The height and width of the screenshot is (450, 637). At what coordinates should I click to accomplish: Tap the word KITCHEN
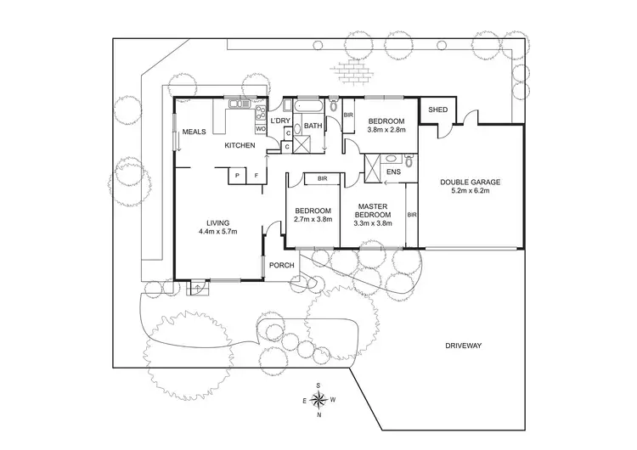[x=240, y=146]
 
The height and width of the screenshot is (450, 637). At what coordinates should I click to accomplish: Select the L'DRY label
[x=280, y=121]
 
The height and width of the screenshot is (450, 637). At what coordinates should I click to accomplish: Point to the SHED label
[x=437, y=110]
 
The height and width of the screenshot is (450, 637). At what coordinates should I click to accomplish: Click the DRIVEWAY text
[x=463, y=346]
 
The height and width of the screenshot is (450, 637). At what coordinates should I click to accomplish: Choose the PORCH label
[x=281, y=266]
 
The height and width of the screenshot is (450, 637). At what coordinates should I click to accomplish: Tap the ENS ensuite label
[x=392, y=172]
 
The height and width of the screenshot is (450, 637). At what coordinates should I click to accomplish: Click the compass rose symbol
[x=318, y=401]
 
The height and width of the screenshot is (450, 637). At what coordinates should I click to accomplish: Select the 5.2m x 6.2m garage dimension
[x=470, y=191]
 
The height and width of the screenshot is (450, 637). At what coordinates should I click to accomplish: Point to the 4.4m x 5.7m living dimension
[x=217, y=232]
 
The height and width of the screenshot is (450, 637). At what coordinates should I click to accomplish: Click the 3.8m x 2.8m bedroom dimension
[x=386, y=130]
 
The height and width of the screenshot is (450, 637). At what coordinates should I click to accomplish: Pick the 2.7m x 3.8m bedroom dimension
[x=311, y=220]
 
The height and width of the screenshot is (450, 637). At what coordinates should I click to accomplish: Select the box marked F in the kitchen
[x=256, y=177]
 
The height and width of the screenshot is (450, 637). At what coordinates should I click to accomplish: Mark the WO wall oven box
[x=262, y=129]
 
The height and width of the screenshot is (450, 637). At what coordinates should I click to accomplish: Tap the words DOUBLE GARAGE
[x=470, y=181]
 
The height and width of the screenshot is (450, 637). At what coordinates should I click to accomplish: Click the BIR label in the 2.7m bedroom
[x=323, y=179]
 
